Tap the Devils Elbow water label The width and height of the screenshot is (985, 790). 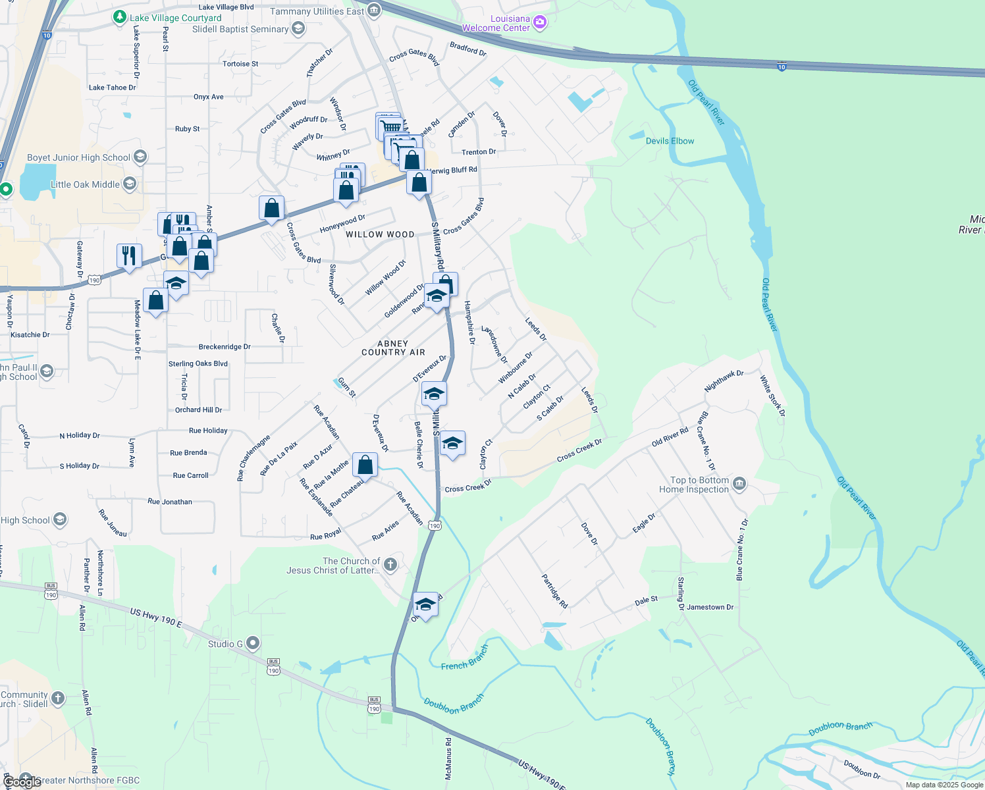pyautogui.click(x=670, y=141)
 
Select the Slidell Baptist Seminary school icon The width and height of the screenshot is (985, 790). pyautogui.click(x=298, y=28)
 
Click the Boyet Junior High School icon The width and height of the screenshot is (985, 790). pyautogui.click(x=140, y=157)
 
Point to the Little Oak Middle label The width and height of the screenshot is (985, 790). pyautogui.click(x=85, y=184)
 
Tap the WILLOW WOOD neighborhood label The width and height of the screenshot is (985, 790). pyautogui.click(x=380, y=234)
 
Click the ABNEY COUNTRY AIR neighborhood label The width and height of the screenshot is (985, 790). pyautogui.click(x=393, y=348)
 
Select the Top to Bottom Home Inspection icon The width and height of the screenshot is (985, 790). pyautogui.click(x=739, y=485)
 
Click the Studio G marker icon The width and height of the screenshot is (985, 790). pyautogui.click(x=253, y=643)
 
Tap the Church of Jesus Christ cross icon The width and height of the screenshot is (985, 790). pyautogui.click(x=390, y=564)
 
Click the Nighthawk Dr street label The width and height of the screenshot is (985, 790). pyautogui.click(x=724, y=382)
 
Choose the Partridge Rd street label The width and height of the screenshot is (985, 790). pyautogui.click(x=554, y=591)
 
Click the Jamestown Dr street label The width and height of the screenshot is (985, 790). pyautogui.click(x=710, y=607)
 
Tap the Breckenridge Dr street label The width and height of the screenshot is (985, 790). pyautogui.click(x=225, y=347)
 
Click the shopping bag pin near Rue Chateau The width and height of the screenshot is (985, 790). pyautogui.click(x=365, y=465)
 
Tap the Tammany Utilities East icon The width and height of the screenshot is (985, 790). pyautogui.click(x=374, y=10)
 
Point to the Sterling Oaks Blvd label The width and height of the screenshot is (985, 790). pyautogui.click(x=198, y=363)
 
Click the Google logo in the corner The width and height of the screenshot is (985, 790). pyautogui.click(x=22, y=781)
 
